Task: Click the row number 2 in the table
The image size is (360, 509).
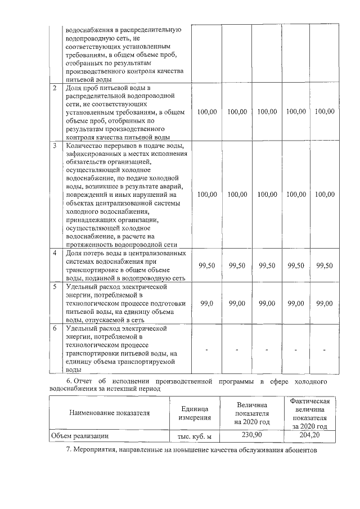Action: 55,88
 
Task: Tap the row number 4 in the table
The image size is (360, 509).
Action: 55,253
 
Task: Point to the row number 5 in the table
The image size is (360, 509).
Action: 55,287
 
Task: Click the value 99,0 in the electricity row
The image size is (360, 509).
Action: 207,303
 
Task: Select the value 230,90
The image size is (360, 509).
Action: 250,434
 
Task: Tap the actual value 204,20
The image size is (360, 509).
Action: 309,434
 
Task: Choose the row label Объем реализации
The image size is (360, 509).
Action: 79,435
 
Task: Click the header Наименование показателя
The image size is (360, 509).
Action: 109,413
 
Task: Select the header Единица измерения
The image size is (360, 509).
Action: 194,413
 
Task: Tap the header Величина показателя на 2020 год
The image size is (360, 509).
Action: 250,413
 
